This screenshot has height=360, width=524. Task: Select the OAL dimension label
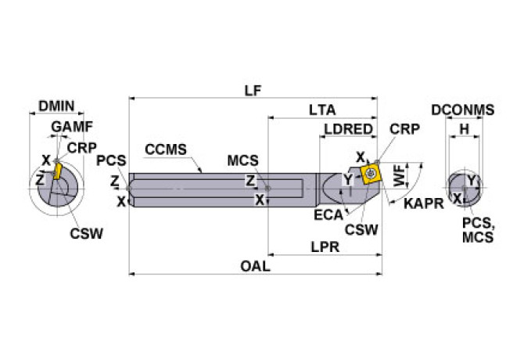[254, 266]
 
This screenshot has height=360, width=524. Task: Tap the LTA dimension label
[322, 111]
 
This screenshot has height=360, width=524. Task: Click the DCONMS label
[463, 110]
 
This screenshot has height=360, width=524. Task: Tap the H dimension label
[464, 129]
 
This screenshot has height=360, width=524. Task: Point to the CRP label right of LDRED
[404, 129]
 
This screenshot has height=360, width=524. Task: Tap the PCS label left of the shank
[110, 160]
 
